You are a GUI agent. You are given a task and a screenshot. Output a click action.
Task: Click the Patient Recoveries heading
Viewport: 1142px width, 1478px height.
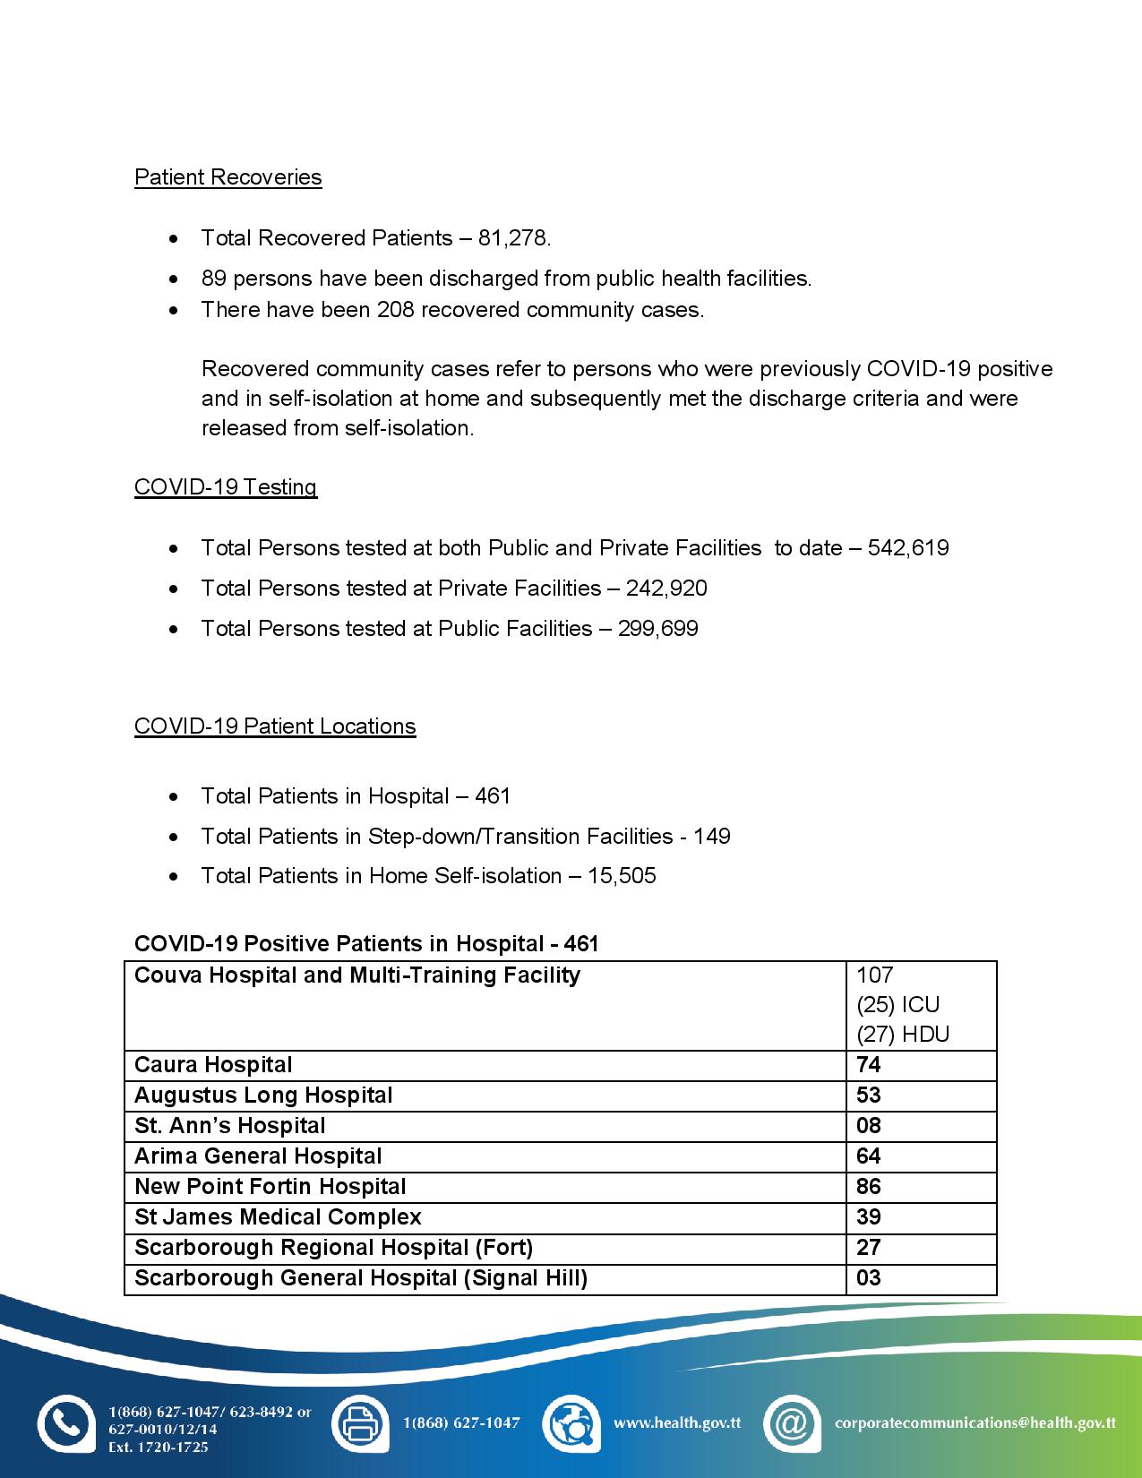tap(228, 177)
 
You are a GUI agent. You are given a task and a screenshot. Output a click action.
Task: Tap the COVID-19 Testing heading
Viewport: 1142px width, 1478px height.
tap(226, 487)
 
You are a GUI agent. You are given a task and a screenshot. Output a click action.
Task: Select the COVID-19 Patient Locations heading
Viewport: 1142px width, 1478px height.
tap(275, 726)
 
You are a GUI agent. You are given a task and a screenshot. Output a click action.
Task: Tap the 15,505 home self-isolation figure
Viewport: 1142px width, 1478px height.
tap(622, 876)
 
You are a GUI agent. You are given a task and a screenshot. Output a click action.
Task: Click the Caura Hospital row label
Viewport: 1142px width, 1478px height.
tap(213, 1065)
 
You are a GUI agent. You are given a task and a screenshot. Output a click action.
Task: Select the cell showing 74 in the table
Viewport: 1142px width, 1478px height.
tap(869, 1065)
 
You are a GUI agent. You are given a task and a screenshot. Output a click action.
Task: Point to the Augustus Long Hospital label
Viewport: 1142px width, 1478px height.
tap(263, 1096)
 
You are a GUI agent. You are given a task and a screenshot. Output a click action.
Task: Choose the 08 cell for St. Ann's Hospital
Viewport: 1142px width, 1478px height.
tap(869, 1126)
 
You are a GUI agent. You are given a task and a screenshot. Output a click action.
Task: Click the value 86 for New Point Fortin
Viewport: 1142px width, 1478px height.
tap(869, 1187)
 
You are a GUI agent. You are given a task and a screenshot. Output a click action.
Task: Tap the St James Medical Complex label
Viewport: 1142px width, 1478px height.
tap(278, 1217)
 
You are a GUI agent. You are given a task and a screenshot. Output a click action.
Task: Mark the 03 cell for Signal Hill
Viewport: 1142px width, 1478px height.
tap(869, 1278)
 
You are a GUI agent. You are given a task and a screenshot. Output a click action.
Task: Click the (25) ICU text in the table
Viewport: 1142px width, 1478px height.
tap(897, 1005)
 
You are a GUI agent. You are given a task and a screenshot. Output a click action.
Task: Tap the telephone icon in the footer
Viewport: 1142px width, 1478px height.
tap(65, 1423)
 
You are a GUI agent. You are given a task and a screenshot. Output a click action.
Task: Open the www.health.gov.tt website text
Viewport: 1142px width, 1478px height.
tap(676, 1422)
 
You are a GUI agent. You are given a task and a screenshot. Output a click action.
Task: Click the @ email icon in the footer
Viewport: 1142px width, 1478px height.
tap(792, 1423)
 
